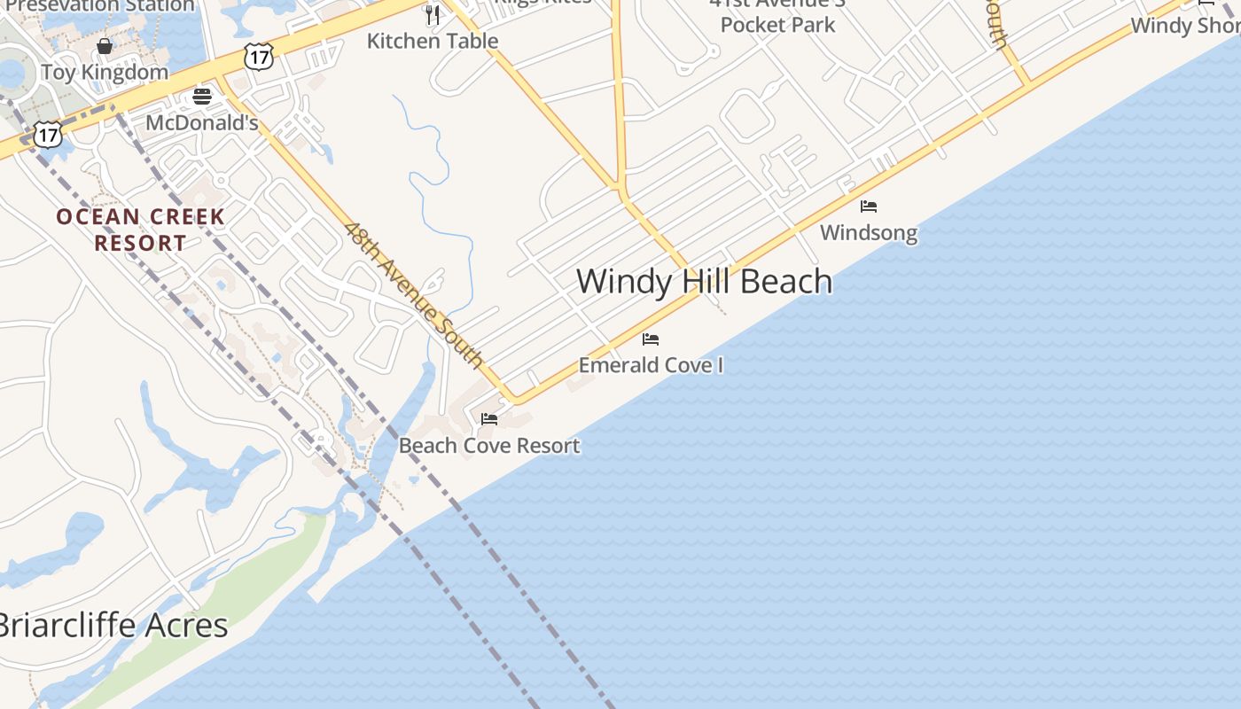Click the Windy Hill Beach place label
click(x=705, y=282)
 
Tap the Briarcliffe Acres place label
click(x=113, y=626)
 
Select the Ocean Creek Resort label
click(x=141, y=230)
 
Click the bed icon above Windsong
click(x=869, y=206)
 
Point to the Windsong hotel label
click(x=869, y=233)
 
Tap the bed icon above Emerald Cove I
click(x=651, y=339)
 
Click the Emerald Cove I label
click(x=651, y=365)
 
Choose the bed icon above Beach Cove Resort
click(x=489, y=419)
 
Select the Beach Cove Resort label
click(x=489, y=446)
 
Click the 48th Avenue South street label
click(x=414, y=295)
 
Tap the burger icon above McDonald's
click(x=202, y=96)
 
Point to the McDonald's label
click(x=202, y=122)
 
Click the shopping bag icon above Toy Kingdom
click(x=105, y=46)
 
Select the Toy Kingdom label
click(x=105, y=73)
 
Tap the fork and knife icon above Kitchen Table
click(x=433, y=14)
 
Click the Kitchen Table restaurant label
click(x=433, y=41)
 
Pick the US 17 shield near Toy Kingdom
click(x=258, y=56)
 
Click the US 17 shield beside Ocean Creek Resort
click(x=48, y=135)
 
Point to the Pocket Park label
click(x=777, y=25)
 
